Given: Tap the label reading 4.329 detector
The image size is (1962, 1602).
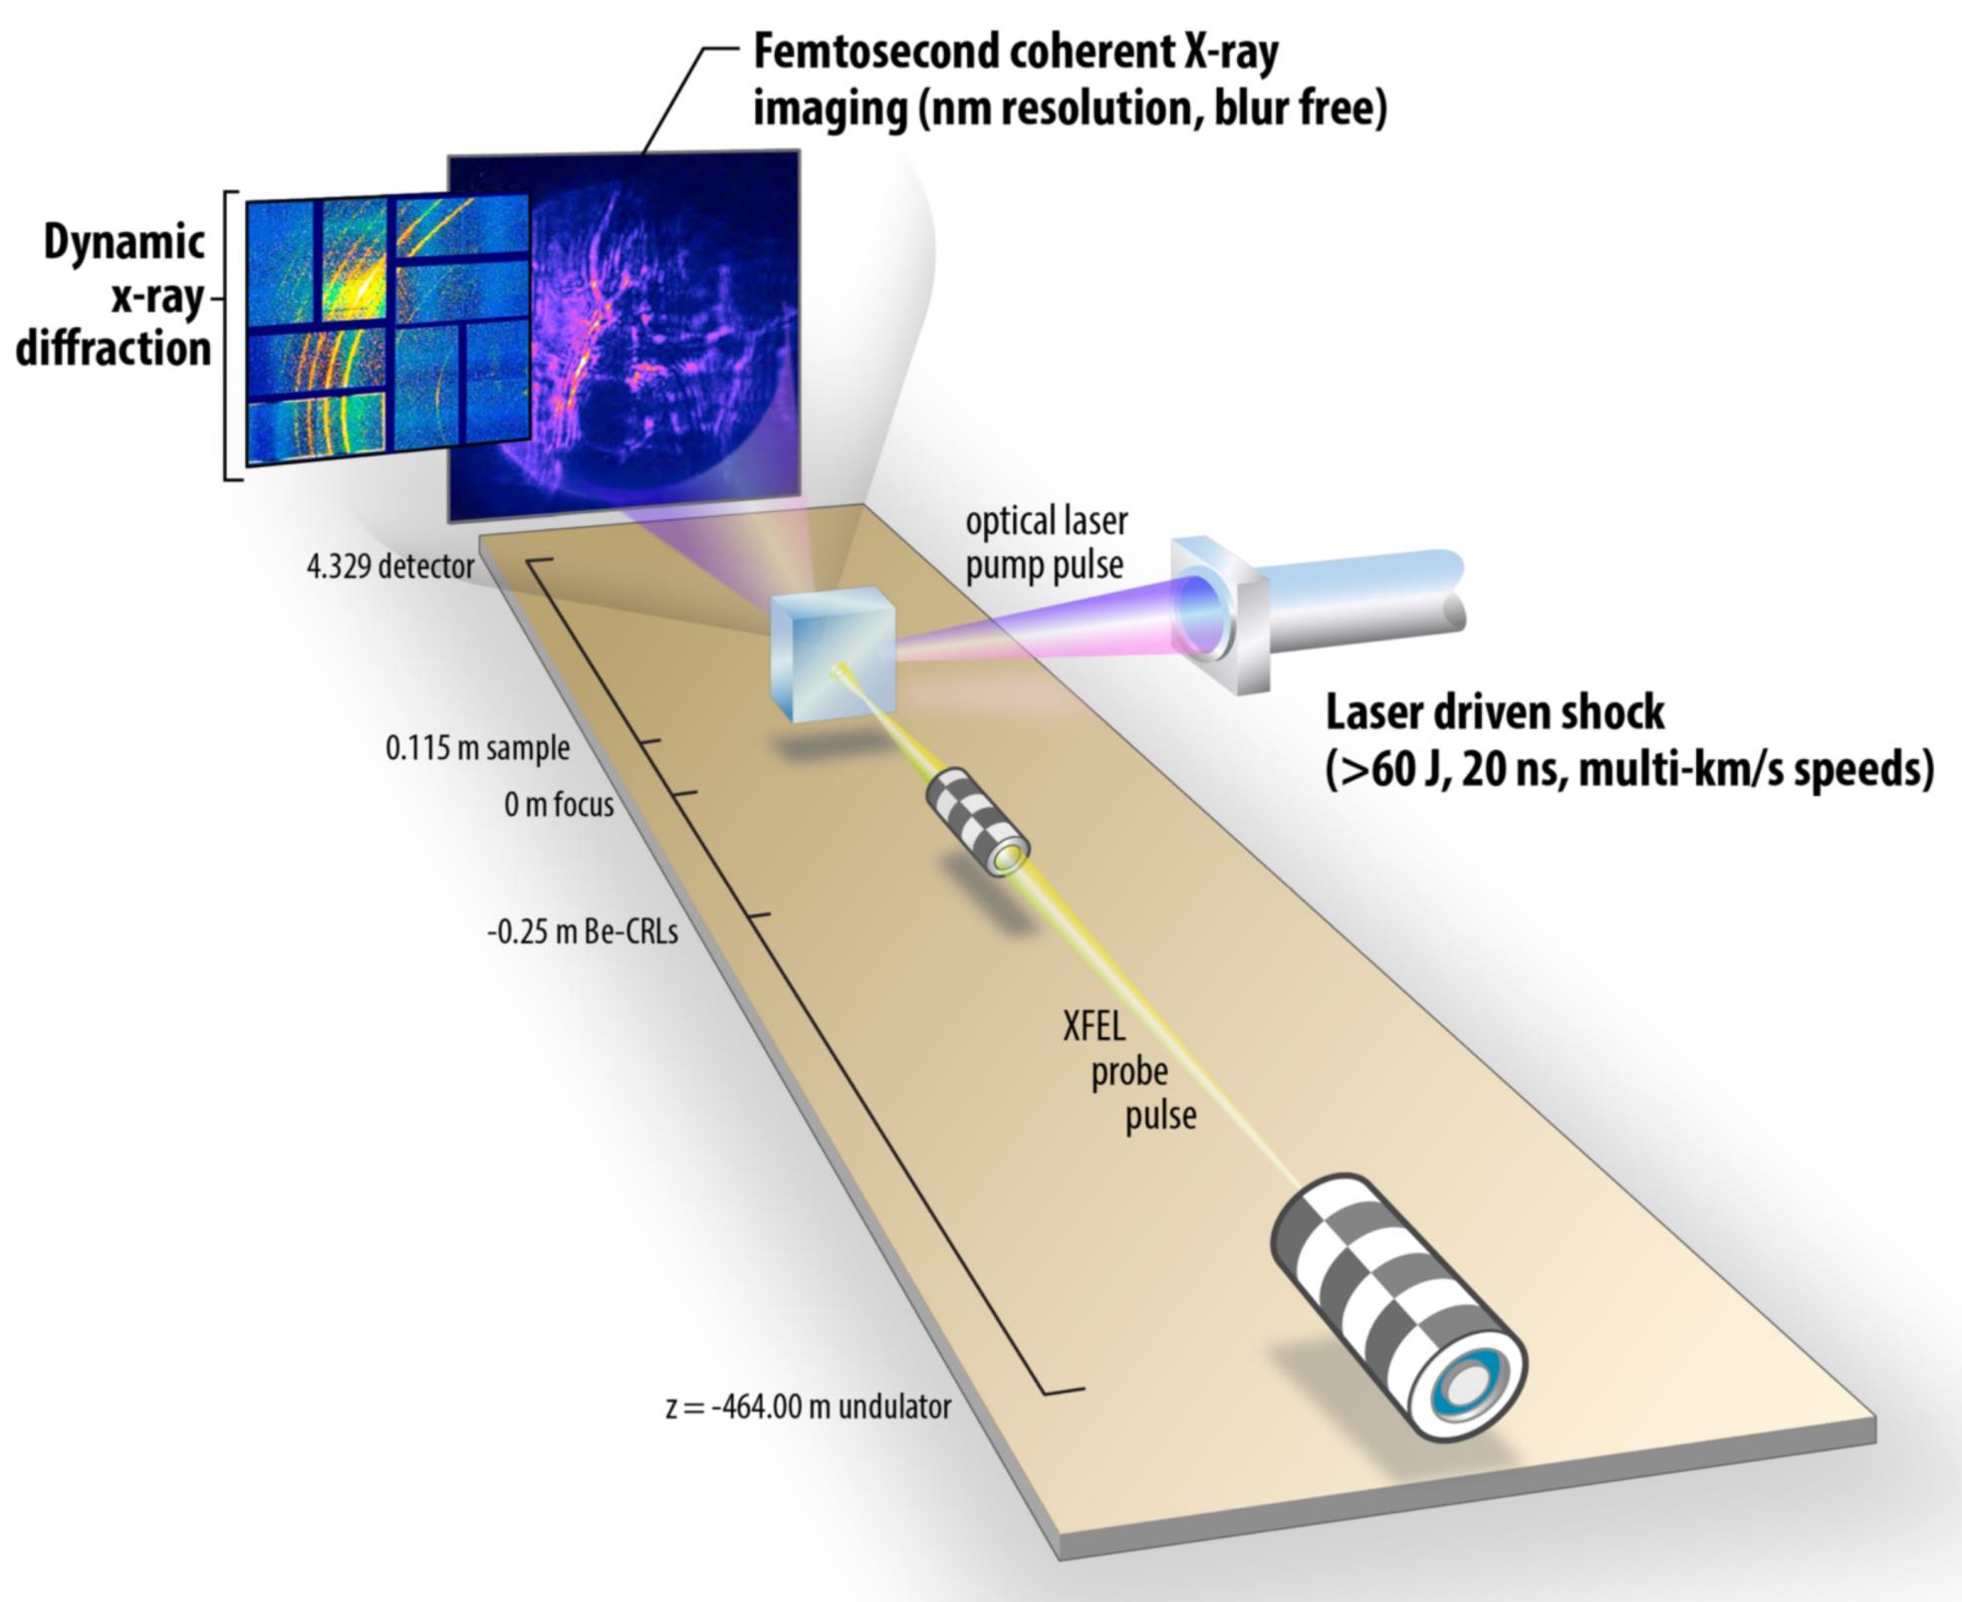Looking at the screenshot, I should (x=390, y=567).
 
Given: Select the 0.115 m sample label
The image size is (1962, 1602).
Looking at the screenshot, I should (x=477, y=748).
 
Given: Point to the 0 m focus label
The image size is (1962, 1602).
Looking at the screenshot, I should (x=559, y=804).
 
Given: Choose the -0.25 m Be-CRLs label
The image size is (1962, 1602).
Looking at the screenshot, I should (x=583, y=933).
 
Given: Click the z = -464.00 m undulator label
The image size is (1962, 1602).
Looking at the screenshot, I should (x=808, y=1407).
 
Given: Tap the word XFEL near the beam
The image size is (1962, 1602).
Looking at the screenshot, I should (x=1094, y=1025).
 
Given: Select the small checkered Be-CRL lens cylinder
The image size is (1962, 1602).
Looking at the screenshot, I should (x=977, y=822).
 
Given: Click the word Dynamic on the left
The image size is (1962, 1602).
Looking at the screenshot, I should (x=124, y=243).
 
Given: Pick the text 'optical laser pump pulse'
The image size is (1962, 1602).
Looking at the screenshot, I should (x=1046, y=543).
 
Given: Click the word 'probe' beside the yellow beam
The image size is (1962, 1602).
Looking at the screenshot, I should (x=1128, y=1073).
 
